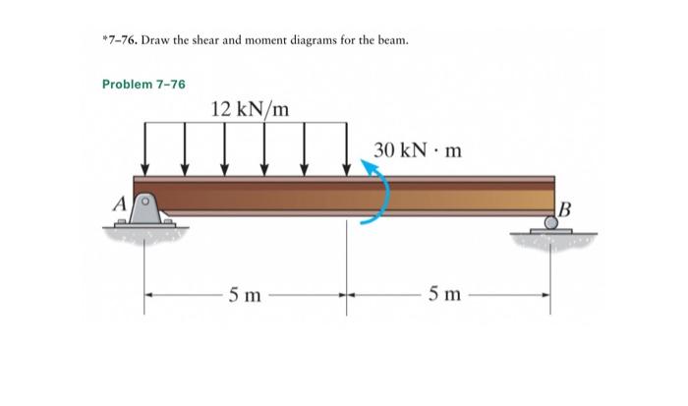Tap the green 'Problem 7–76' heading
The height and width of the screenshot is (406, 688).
click(x=143, y=85)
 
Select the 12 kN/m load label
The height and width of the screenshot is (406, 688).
click(x=250, y=107)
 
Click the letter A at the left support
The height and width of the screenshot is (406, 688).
click(x=119, y=205)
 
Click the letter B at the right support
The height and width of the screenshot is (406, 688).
click(x=563, y=206)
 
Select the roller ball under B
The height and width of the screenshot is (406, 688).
click(x=551, y=223)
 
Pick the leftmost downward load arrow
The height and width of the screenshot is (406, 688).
click(x=145, y=146)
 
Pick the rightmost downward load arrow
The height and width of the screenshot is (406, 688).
click(x=346, y=146)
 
